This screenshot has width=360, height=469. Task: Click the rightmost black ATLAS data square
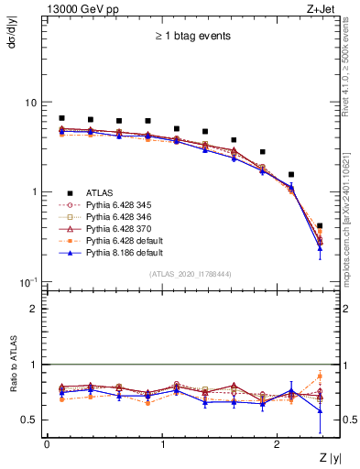point(320,225)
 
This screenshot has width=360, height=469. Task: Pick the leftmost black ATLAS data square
point(61,118)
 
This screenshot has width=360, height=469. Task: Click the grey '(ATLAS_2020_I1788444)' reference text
point(190,273)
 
